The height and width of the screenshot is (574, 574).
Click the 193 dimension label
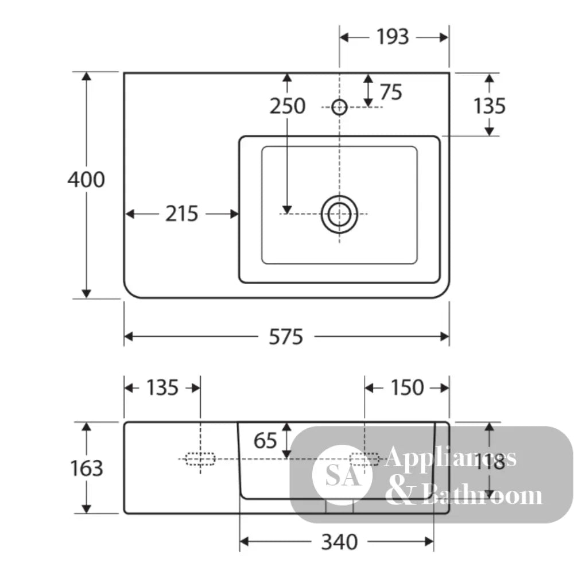pos(393,37)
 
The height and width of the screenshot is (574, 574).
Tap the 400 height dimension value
pos(86,179)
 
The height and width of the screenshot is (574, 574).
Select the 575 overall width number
pos(286,337)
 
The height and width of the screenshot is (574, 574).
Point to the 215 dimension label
pos(181,214)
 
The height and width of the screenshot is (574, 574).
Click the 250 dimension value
pos(288,106)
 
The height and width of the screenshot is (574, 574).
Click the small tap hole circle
pos(339,107)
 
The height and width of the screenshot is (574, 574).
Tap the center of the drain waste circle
pos(339,214)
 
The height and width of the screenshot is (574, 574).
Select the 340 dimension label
pos(339,542)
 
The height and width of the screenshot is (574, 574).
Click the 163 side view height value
pos(87,468)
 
